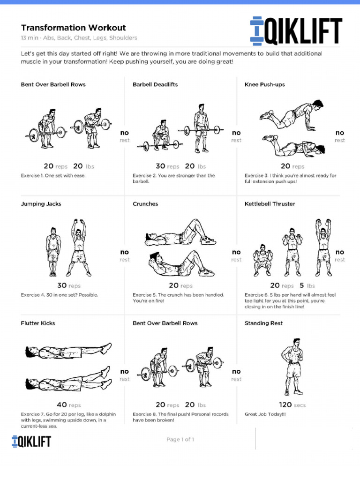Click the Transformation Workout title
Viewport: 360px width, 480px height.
[73, 28]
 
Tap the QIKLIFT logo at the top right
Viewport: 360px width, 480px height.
[296, 31]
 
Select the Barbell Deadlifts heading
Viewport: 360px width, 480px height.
[155, 85]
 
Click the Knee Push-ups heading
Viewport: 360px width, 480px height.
[264, 85]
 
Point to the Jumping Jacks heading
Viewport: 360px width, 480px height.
[41, 204]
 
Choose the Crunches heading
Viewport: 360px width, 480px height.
[145, 204]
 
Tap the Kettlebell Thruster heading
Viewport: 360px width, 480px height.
[270, 204]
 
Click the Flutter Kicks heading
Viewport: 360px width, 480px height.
[37, 323]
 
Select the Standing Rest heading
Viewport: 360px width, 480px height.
[263, 323]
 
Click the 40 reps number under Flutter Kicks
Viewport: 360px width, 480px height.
[62, 405]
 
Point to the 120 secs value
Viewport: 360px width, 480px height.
[285, 405]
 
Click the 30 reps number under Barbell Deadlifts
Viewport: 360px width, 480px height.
[161, 166]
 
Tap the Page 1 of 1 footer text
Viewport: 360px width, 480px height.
[180, 440]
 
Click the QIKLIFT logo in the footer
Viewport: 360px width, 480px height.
[31, 441]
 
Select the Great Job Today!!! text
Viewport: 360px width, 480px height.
[265, 414]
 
